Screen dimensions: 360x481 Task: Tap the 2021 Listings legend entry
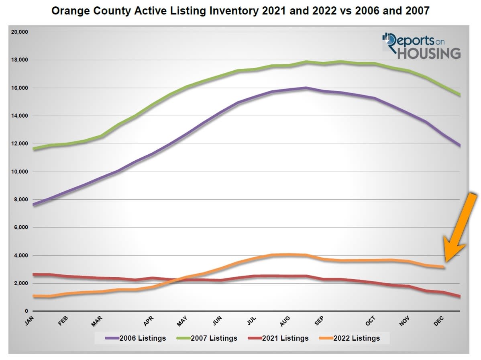click(280, 338)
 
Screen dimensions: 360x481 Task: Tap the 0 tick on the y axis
click(26, 311)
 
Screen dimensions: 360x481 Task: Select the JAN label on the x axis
click(29, 320)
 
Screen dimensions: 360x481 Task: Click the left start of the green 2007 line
click(34, 149)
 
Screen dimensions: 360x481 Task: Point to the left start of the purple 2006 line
click(34, 205)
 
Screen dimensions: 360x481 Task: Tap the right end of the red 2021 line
click(460, 297)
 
